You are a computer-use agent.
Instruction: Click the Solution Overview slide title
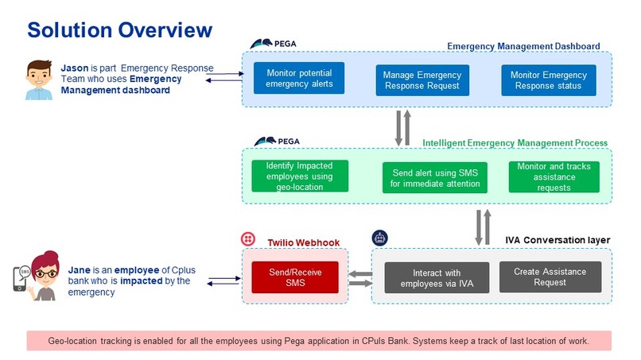pyautogui.click(x=119, y=30)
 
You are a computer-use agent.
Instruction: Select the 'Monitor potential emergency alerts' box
pyautogui.click(x=300, y=78)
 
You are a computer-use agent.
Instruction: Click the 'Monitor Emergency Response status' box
pyautogui.click(x=548, y=80)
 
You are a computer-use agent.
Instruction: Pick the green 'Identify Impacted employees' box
pyautogui.click(x=300, y=176)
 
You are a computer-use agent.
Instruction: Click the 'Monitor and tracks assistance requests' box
pyautogui.click(x=554, y=176)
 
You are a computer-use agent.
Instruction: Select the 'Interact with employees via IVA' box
pyautogui.click(x=437, y=277)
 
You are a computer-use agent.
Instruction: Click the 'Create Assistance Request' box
pyautogui.click(x=550, y=277)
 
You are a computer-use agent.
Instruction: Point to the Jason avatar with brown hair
pyautogui.click(x=33, y=79)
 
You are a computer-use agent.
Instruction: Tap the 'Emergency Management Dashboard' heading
pyautogui.click(x=523, y=46)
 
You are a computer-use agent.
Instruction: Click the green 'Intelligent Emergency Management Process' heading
pyautogui.click(x=515, y=143)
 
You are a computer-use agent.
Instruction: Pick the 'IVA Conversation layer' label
pyautogui.click(x=557, y=239)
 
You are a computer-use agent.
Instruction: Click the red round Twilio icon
pyautogui.click(x=247, y=238)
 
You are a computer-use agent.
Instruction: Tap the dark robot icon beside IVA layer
pyautogui.click(x=379, y=238)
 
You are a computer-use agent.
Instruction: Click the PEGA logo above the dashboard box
pyautogui.click(x=266, y=44)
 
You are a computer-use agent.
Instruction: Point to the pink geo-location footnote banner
pyautogui.click(x=318, y=340)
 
